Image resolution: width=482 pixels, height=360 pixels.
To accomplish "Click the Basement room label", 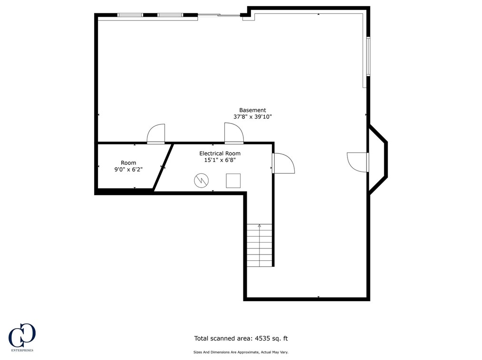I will click(252, 110).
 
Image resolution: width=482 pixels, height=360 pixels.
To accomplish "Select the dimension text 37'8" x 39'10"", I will click(252, 117).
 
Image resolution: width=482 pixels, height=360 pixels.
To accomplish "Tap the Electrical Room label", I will click(220, 153).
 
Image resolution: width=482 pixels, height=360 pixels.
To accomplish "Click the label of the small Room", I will click(128, 163).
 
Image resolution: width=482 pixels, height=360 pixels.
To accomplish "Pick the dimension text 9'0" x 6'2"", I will click(128, 169).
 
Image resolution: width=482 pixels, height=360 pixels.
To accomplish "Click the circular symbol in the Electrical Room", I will click(201, 180).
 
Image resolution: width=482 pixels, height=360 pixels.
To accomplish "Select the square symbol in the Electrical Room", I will click(233, 180).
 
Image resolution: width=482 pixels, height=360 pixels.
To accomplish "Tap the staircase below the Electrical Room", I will click(260, 245).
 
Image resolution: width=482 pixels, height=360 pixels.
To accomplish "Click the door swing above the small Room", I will click(156, 134).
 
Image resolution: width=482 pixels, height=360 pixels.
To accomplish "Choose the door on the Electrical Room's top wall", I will click(233, 134).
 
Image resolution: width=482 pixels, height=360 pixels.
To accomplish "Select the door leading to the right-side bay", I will click(358, 162).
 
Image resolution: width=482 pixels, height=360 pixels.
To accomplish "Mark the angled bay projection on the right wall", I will click(379, 160).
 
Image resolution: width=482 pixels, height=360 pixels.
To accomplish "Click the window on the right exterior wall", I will click(368, 56).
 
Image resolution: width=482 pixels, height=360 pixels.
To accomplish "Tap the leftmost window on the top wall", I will click(130, 15).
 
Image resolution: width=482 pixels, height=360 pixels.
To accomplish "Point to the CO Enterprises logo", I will click(22, 337).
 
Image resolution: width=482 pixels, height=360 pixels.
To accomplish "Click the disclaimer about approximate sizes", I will click(241, 352).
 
